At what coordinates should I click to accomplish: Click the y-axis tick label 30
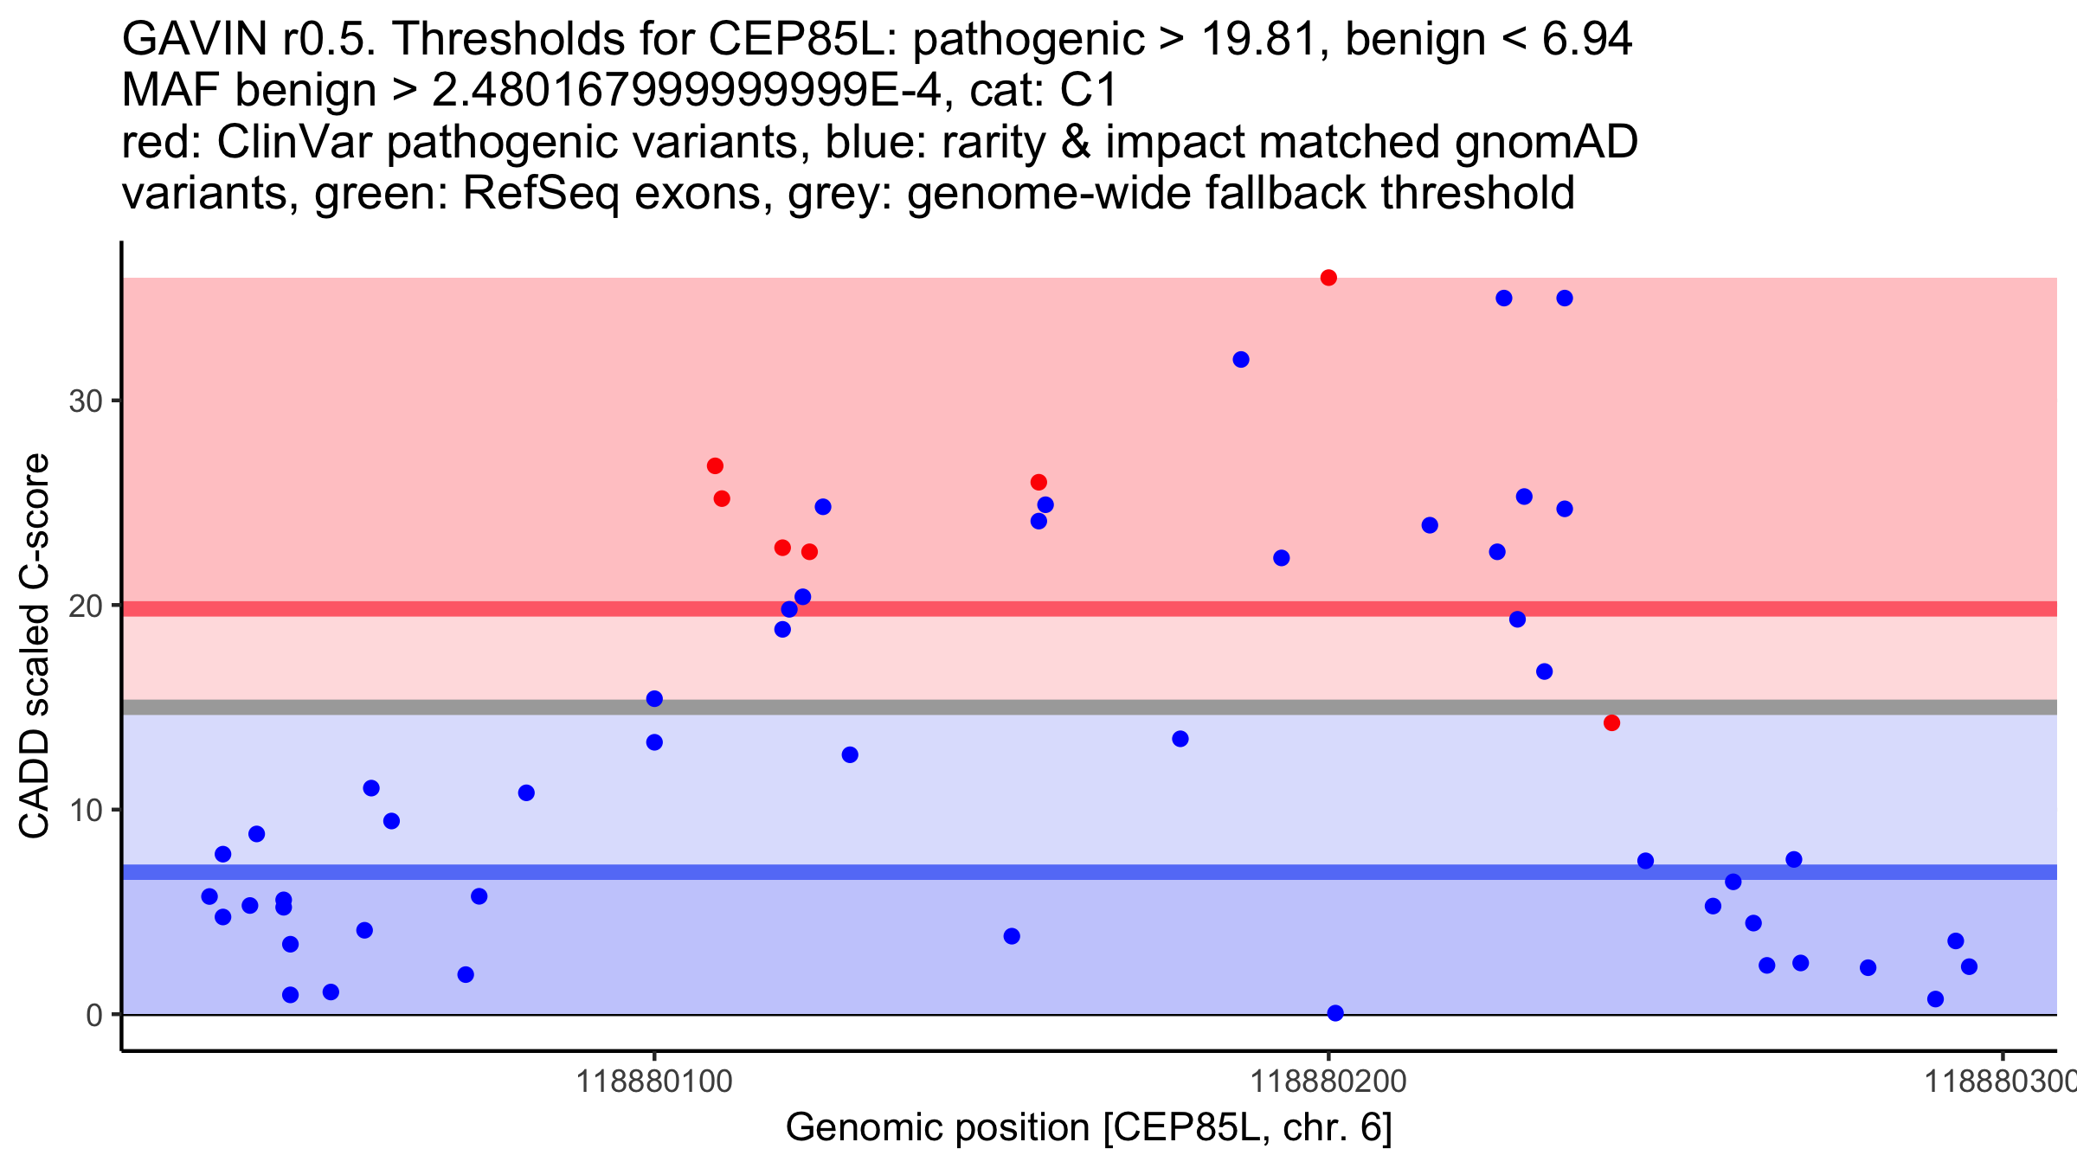pyautogui.click(x=85, y=401)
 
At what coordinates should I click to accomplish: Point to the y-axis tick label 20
pyautogui.click(x=85, y=606)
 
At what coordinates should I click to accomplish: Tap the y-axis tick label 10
pyautogui.click(x=85, y=811)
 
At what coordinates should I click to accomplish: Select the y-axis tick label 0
pyautogui.click(x=94, y=1015)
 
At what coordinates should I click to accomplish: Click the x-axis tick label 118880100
pyautogui.click(x=654, y=1081)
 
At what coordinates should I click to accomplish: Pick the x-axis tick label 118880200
pyautogui.click(x=1328, y=1081)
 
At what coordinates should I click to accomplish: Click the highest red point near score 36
pyautogui.click(x=1328, y=278)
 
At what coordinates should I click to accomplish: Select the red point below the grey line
pyautogui.click(x=1611, y=722)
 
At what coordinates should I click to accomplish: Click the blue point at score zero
pyautogui.click(x=1335, y=1013)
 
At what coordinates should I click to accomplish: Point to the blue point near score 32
pyautogui.click(x=1241, y=359)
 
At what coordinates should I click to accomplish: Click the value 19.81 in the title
pyautogui.click(x=1267, y=39)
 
